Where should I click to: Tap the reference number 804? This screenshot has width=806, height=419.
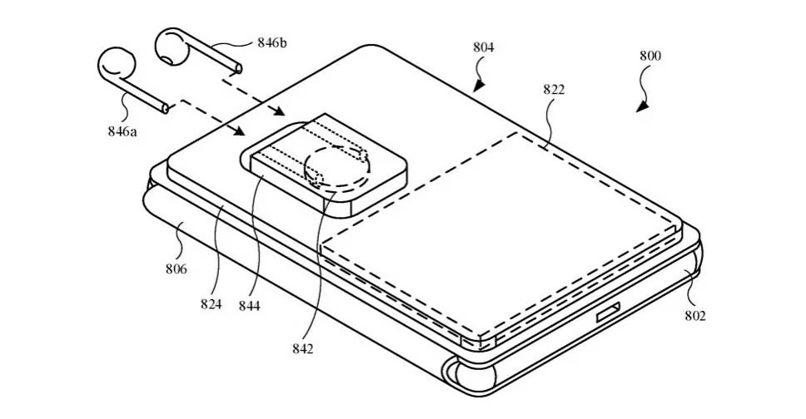point(484,48)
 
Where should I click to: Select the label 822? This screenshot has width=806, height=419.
point(553,90)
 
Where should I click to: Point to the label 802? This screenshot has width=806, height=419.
point(695,316)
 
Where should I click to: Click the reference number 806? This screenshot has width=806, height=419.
point(176,269)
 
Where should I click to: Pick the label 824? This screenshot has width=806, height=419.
point(211,304)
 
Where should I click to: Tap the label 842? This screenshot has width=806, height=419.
point(303,349)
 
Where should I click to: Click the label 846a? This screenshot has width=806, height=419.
point(122,131)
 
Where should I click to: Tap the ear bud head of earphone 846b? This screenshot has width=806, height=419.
point(172,47)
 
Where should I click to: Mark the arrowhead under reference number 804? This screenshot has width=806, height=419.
point(478,86)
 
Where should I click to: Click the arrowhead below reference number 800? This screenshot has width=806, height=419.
point(640,106)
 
